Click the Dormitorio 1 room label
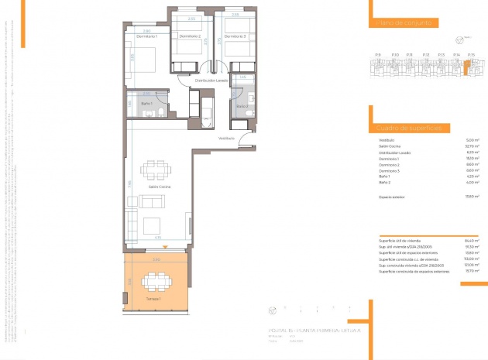pyautogui.click(x=147, y=37)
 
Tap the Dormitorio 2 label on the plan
pyautogui.click(x=190, y=36)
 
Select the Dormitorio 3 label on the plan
pyautogui.click(x=235, y=36)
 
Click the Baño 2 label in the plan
pyautogui.click(x=241, y=106)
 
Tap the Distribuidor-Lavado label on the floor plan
pyautogui.click(x=211, y=80)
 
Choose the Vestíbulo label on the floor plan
pyautogui.click(x=226, y=138)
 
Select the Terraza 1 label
pyautogui.click(x=152, y=298)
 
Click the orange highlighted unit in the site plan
pyautogui.click(x=466, y=68)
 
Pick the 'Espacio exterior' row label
pyautogui.click(x=393, y=197)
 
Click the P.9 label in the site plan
pyautogui.click(x=377, y=54)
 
